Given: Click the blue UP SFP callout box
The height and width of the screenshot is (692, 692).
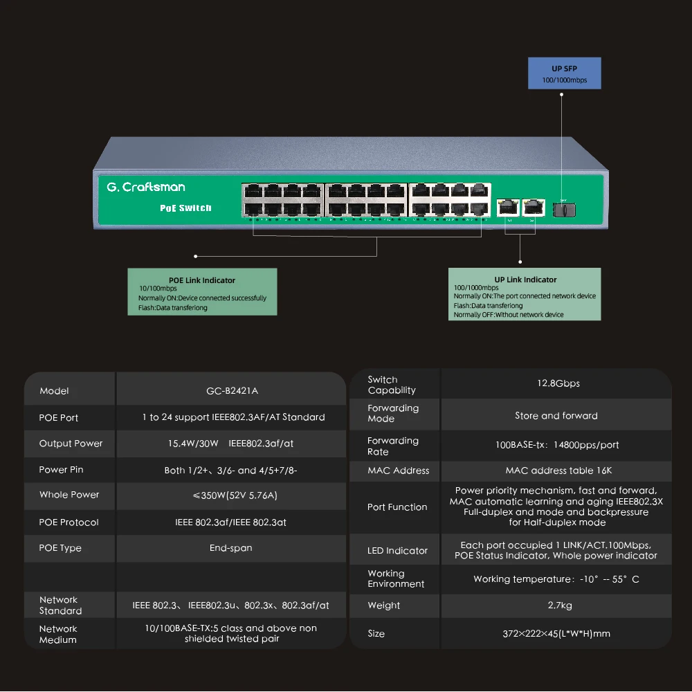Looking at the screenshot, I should tap(564, 73).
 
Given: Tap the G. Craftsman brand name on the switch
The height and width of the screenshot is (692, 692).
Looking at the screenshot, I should tap(146, 187).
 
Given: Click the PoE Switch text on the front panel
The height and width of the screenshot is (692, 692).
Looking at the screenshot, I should tap(185, 208).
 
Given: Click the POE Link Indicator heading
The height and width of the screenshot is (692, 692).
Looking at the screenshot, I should tap(202, 280).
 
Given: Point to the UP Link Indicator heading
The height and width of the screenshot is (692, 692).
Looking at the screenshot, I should tap(526, 280).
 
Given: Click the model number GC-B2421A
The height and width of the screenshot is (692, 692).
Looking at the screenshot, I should tap(232, 391).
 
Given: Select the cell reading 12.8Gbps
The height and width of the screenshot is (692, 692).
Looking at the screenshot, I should tap(556, 383).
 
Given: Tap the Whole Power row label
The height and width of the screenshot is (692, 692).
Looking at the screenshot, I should tap(69, 495).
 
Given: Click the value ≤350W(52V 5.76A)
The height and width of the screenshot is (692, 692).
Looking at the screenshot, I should tap(231, 495).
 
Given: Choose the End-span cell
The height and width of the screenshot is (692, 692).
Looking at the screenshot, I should tap(231, 548).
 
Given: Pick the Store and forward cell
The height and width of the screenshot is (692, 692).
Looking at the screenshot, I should tap(556, 416).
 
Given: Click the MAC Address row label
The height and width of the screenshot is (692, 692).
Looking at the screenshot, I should tap(399, 471).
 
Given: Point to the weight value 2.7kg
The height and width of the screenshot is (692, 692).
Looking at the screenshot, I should tap(556, 605).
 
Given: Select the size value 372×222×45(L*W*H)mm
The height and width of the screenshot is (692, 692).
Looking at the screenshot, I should tap(556, 633).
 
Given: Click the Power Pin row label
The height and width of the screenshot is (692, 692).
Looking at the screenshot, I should tap(61, 470).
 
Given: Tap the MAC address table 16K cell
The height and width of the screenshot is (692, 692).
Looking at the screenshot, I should tap(556, 471).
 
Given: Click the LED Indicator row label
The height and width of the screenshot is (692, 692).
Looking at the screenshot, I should tap(398, 551).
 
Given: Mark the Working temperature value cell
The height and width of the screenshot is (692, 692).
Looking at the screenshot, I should tap(556, 579).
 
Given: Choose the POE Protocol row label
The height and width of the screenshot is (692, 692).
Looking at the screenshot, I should tap(69, 522).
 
